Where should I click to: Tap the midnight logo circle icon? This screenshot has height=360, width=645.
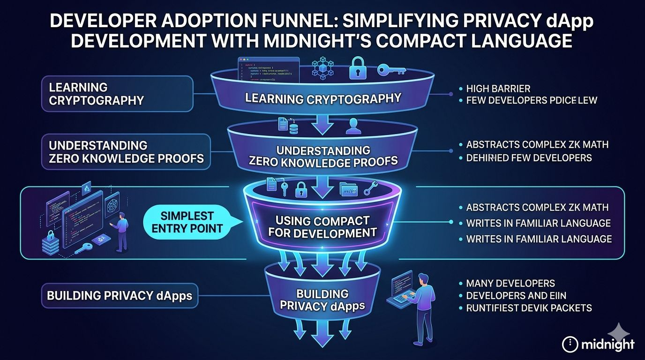coord(570,345)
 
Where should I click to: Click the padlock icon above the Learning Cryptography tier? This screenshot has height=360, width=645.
coord(358,69)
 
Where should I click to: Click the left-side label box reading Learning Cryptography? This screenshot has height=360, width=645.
coord(117,94)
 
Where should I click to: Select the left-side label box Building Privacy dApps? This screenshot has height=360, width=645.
coord(120,296)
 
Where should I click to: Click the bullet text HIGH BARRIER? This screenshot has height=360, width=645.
coord(498,88)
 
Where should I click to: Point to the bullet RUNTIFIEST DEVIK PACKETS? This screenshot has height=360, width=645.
coord(529,308)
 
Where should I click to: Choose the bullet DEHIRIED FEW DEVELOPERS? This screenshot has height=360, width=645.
coord(529,157)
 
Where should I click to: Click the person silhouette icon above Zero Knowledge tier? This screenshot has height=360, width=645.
coord(353,126)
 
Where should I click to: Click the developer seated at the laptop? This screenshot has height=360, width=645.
coord(422,300)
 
